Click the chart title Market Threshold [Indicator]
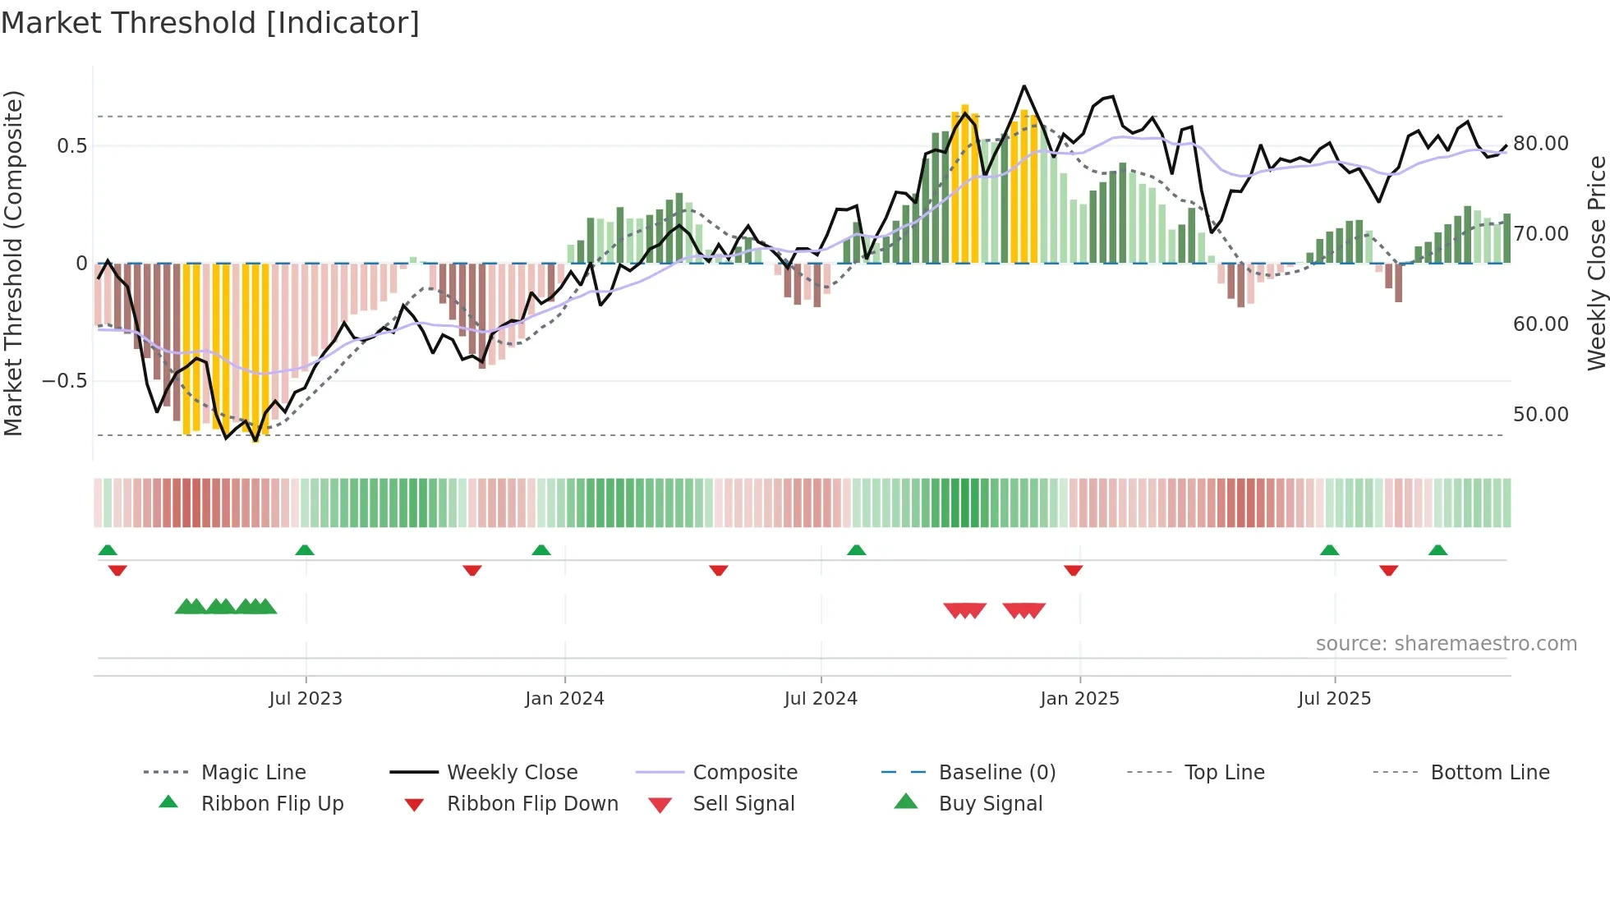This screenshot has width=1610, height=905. [x=210, y=23]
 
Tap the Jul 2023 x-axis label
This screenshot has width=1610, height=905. [x=306, y=699]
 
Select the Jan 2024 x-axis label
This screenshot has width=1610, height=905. [x=564, y=699]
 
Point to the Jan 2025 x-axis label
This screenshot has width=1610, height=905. [x=1079, y=699]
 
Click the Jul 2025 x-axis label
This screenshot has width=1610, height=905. [x=1334, y=699]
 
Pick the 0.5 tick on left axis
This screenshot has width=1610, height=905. [x=71, y=146]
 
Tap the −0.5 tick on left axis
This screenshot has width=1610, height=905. [x=64, y=381]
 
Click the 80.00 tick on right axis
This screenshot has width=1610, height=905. [x=1541, y=144]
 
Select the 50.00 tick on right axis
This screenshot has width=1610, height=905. [x=1541, y=415]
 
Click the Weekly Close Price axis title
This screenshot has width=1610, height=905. [x=1596, y=263]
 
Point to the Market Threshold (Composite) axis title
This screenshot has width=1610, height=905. [x=13, y=263]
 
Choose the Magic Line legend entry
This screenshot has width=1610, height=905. [x=253, y=773]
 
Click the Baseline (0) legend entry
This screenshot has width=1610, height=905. [x=996, y=773]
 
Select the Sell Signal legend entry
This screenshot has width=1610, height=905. [x=743, y=804]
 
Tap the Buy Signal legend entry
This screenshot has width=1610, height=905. [x=990, y=804]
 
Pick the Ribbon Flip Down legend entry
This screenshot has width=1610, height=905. [x=532, y=804]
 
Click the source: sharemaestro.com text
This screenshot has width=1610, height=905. [x=1446, y=644]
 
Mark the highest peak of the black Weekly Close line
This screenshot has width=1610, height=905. [x=1023, y=86]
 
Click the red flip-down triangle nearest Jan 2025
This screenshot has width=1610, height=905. [x=1073, y=570]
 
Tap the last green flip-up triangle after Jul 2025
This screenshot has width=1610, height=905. [x=1437, y=550]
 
